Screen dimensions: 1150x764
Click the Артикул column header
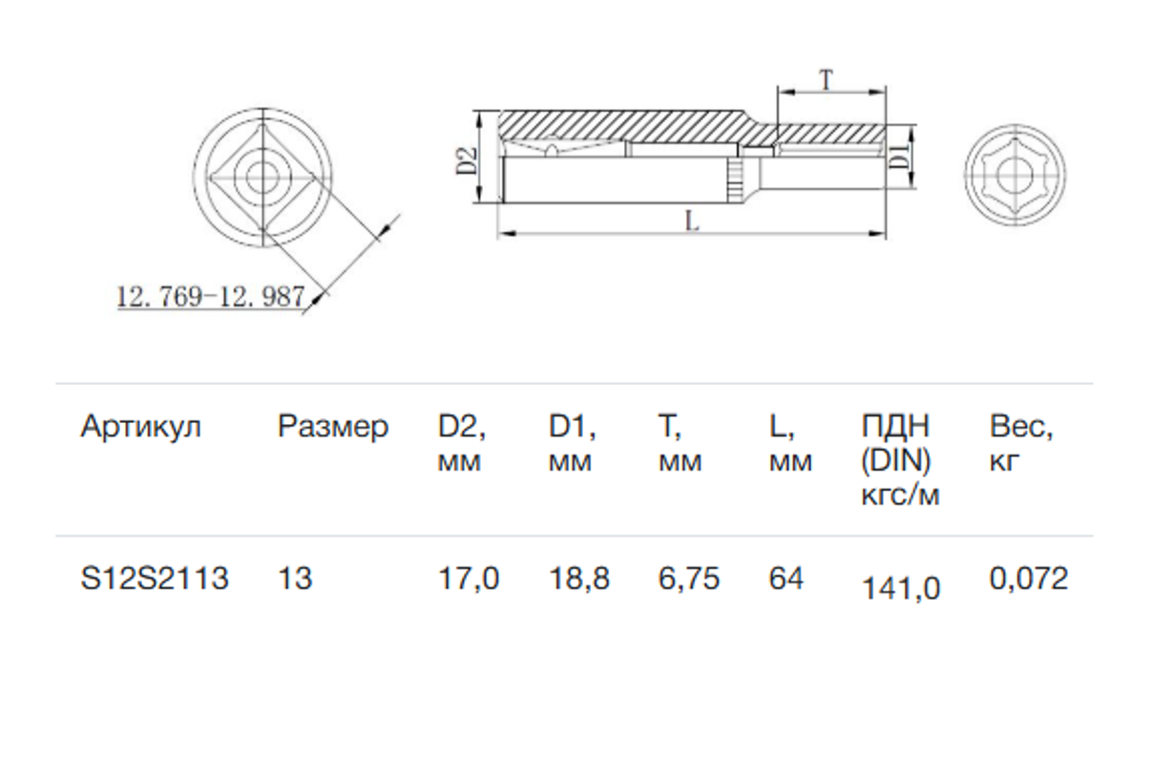point(140,427)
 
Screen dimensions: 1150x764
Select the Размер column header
point(333,427)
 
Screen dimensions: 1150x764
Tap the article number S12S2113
point(155,579)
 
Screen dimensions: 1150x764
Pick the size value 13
point(295,579)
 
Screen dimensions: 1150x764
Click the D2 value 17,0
point(469,579)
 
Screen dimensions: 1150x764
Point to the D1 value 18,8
point(579,579)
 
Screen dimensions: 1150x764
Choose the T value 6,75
point(689,579)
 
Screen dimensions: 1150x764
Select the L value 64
point(786,579)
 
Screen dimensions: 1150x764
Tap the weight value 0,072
point(1029,579)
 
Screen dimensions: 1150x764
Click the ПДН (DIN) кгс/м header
point(901,460)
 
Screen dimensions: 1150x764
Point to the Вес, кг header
point(1021,443)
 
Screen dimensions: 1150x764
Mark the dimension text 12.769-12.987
point(211,297)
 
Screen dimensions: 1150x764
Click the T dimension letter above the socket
point(826,80)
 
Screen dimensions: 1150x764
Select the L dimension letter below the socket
point(692,222)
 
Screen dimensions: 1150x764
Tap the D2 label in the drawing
point(467,160)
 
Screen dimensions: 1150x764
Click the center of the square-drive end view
point(262,178)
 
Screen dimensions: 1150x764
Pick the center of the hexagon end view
point(1015,175)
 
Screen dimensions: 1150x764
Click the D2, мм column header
point(462,443)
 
